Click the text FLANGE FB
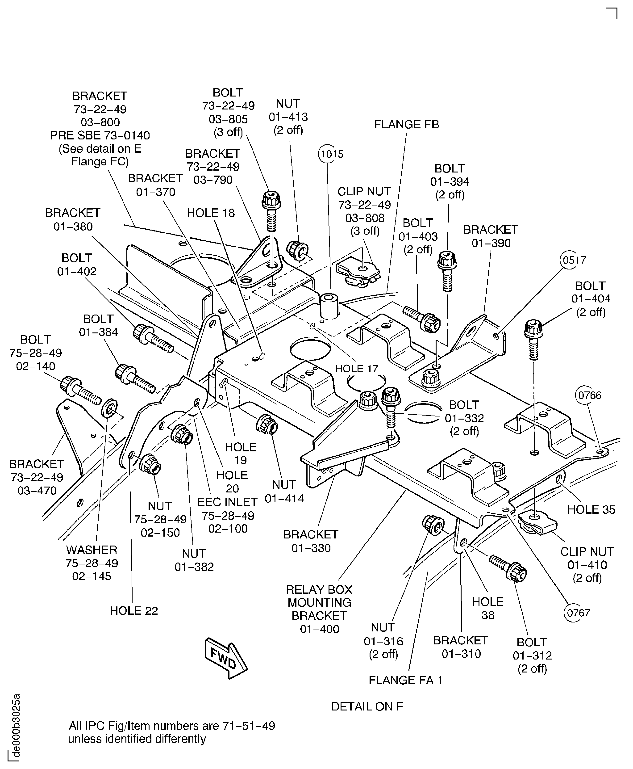(x=407, y=124)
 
